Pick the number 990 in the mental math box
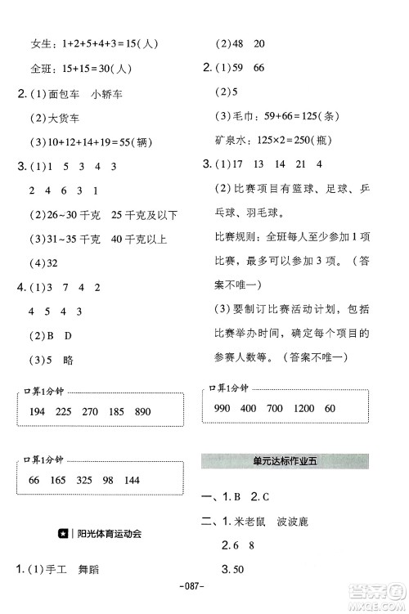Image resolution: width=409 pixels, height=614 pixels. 223,408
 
